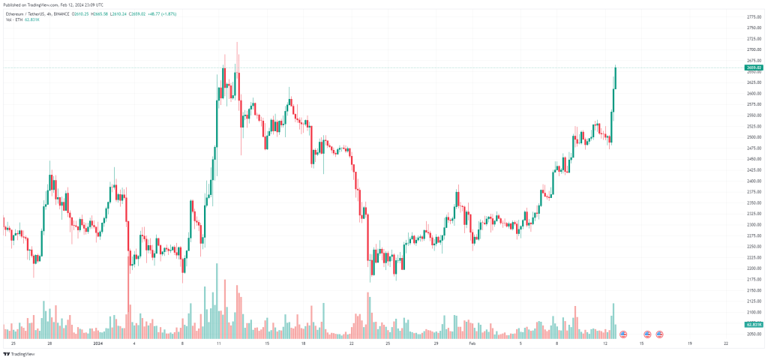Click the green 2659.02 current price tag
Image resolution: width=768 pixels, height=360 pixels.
pos(754,68)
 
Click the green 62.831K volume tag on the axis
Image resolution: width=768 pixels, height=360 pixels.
pos(754,324)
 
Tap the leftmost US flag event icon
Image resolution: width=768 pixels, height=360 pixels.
pos(623,334)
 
